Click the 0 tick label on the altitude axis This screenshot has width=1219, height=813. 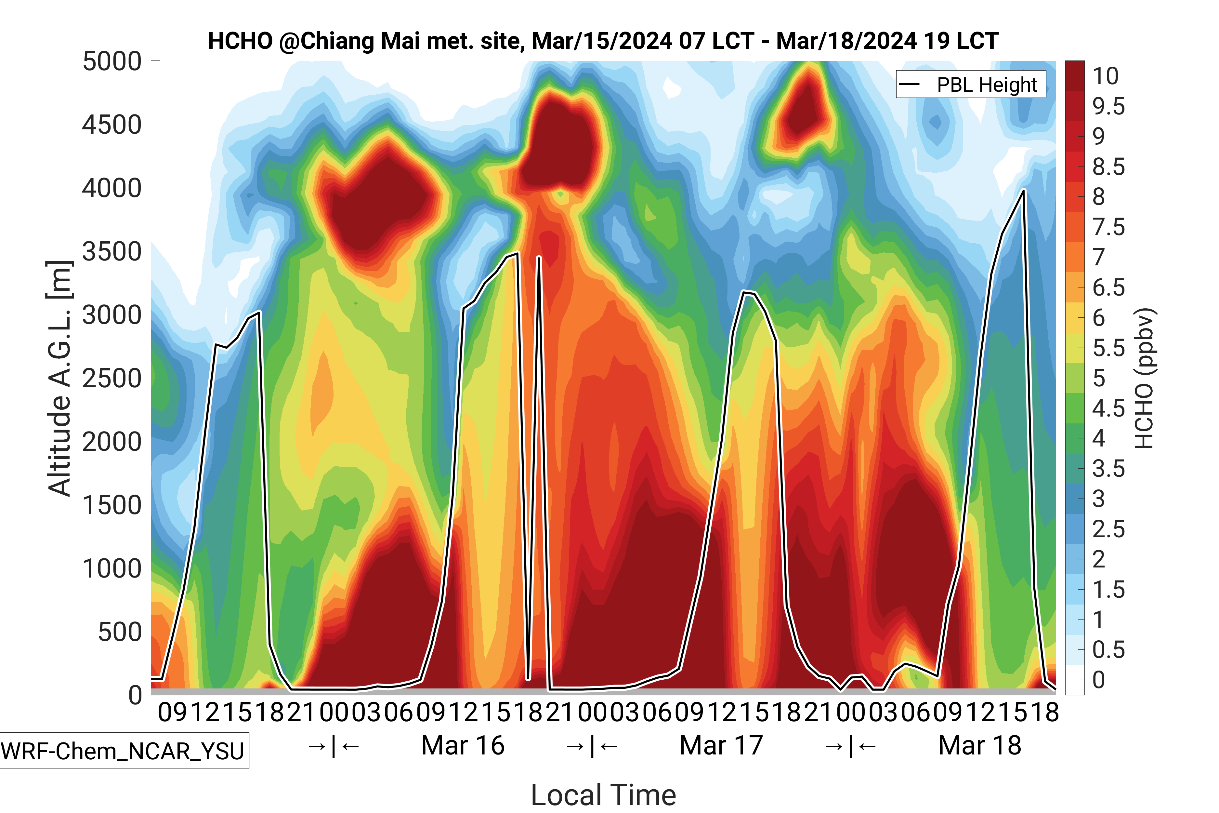135,695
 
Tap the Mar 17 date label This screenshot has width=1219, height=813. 721,746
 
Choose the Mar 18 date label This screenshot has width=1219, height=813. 979,746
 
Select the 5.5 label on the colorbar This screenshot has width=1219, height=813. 1108,348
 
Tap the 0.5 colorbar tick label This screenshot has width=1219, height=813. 1108,650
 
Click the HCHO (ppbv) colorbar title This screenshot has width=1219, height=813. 1144,379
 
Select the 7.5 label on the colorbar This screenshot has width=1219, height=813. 1108,227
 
